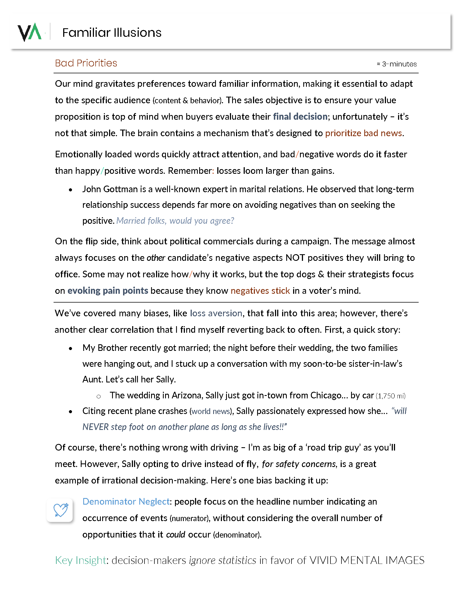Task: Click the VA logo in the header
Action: click(30, 32)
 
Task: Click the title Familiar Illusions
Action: click(112, 33)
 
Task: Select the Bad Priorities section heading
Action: click(86, 63)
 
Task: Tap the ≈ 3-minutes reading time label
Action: click(396, 64)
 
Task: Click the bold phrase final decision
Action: click(300, 117)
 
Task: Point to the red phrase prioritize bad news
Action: click(363, 133)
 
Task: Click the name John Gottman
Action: click(110, 189)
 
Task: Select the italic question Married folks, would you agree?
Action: click(175, 221)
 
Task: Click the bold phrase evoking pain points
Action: click(108, 291)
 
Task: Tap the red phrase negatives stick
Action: click(260, 291)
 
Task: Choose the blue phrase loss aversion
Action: click(216, 313)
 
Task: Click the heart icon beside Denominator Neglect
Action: click(60, 510)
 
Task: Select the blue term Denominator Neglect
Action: click(126, 502)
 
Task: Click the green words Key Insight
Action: click(81, 560)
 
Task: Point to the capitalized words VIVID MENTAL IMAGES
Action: click(366, 560)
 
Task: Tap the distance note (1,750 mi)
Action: click(390, 396)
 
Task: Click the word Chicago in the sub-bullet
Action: click(326, 395)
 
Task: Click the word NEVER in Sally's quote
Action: click(95, 427)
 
